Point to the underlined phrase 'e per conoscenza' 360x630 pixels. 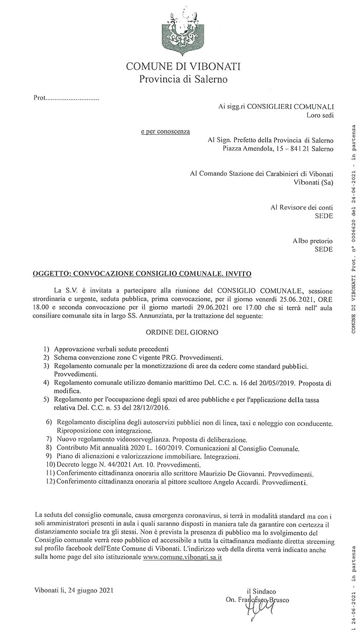[x=166, y=131]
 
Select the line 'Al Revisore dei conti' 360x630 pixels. [x=302, y=207]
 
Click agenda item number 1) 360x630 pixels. [x=46, y=349]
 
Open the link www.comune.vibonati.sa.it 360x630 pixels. [x=182, y=558]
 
